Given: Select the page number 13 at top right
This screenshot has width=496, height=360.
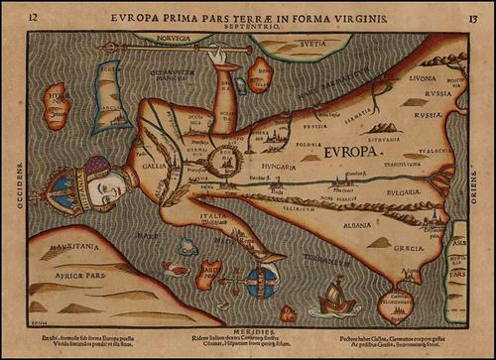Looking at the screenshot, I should pyautogui.click(x=473, y=17).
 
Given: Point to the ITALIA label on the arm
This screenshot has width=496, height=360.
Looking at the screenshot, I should pyautogui.click(x=211, y=215).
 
